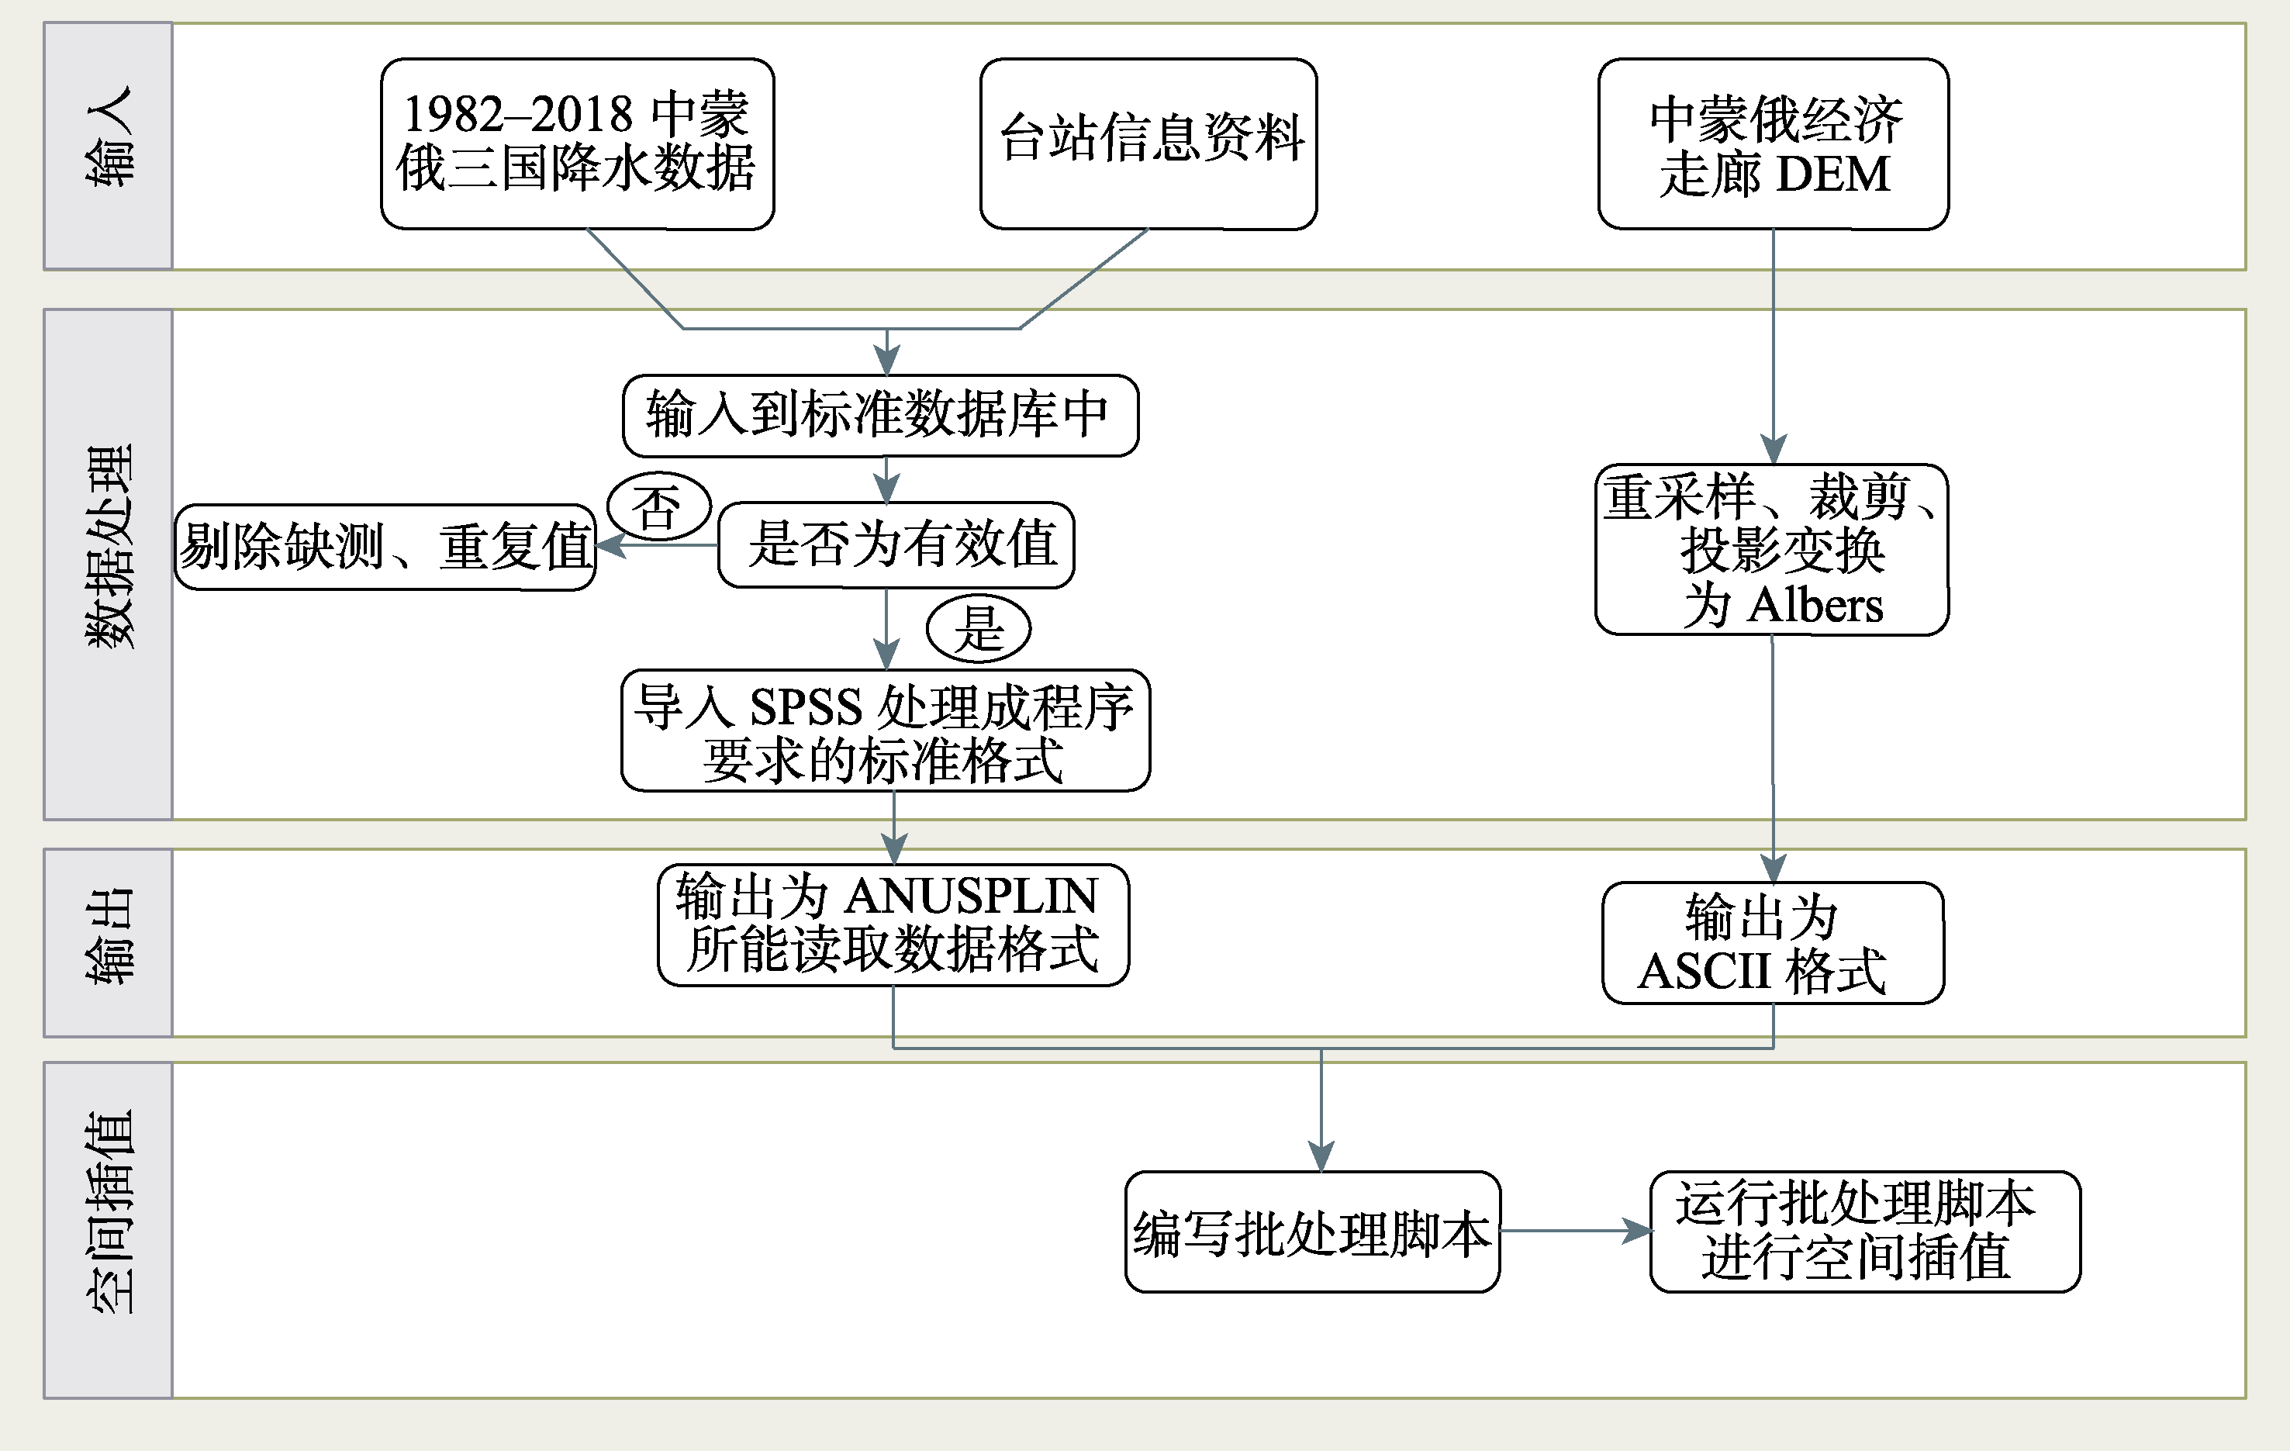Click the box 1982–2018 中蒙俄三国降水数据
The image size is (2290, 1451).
[577, 143]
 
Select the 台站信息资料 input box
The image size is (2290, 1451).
[1148, 143]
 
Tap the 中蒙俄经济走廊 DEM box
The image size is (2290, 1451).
[1774, 143]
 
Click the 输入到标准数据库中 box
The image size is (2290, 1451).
[881, 416]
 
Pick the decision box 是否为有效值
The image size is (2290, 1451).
[896, 545]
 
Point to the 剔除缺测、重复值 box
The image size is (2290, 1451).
[385, 547]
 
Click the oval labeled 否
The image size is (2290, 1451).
[659, 506]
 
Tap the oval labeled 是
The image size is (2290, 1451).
[979, 627]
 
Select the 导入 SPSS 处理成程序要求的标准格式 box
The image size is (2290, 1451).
[886, 731]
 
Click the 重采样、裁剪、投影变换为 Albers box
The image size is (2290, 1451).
[1772, 550]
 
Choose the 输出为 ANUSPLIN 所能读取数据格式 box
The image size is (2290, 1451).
[893, 925]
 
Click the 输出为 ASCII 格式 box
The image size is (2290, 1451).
[1773, 943]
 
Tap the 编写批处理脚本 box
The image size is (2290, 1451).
[1312, 1232]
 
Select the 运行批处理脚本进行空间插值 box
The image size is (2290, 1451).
[1865, 1232]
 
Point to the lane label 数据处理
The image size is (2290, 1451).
[109, 547]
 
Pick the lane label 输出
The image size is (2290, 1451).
[109, 937]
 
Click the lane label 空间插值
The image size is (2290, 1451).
[109, 1212]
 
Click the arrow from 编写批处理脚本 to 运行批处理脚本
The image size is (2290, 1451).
[1576, 1232]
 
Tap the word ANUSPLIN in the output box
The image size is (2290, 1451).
[971, 896]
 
